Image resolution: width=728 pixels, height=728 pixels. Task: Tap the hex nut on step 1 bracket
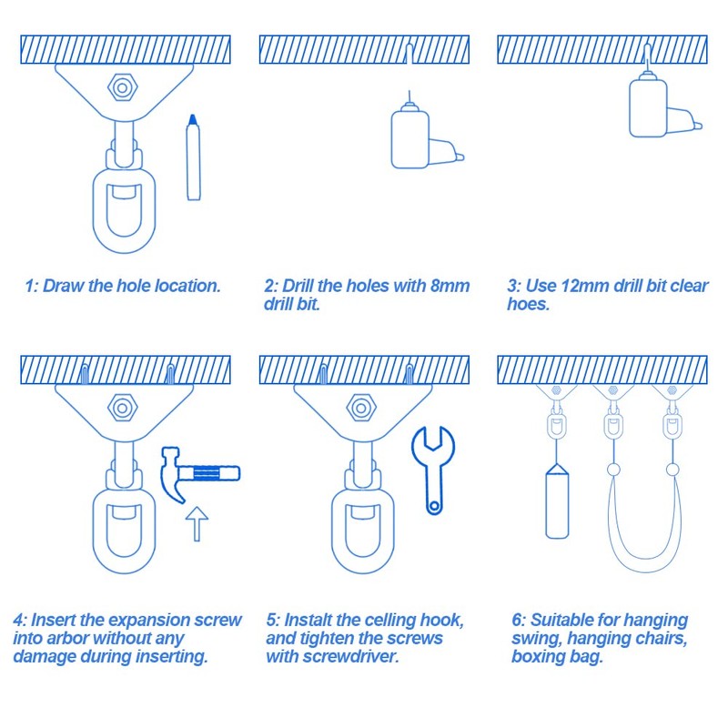(120, 87)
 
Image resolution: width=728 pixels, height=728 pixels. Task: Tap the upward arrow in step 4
(197, 525)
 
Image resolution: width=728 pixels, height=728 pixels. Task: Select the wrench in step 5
(432, 466)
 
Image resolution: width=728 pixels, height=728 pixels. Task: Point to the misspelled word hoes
(529, 305)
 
